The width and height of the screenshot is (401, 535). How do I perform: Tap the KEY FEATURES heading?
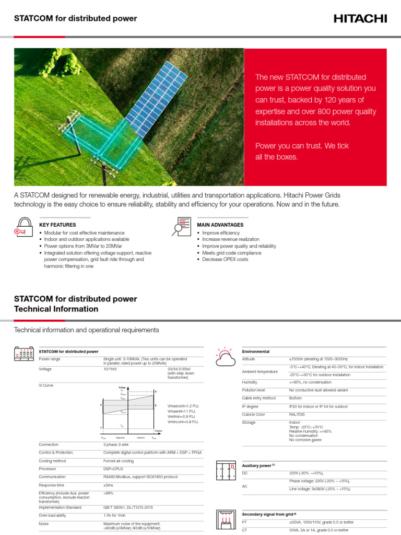tap(58, 225)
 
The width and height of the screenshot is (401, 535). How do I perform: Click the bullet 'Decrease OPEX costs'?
tap(225, 259)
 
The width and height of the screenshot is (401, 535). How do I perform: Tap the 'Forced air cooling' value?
tap(119, 461)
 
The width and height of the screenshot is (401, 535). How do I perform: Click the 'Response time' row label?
tap(52, 485)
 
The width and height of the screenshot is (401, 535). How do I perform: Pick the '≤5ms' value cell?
tap(108, 485)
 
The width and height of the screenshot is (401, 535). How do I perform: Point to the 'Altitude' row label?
tap(250, 359)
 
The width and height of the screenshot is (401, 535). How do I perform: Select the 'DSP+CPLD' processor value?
tap(114, 469)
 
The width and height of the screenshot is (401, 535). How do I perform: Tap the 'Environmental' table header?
tap(256, 352)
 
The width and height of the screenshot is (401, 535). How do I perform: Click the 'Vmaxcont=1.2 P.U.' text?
tap(183, 406)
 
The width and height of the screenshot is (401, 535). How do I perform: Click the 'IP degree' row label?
tap(250, 406)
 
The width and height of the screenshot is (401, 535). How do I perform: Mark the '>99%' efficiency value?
tap(108, 493)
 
